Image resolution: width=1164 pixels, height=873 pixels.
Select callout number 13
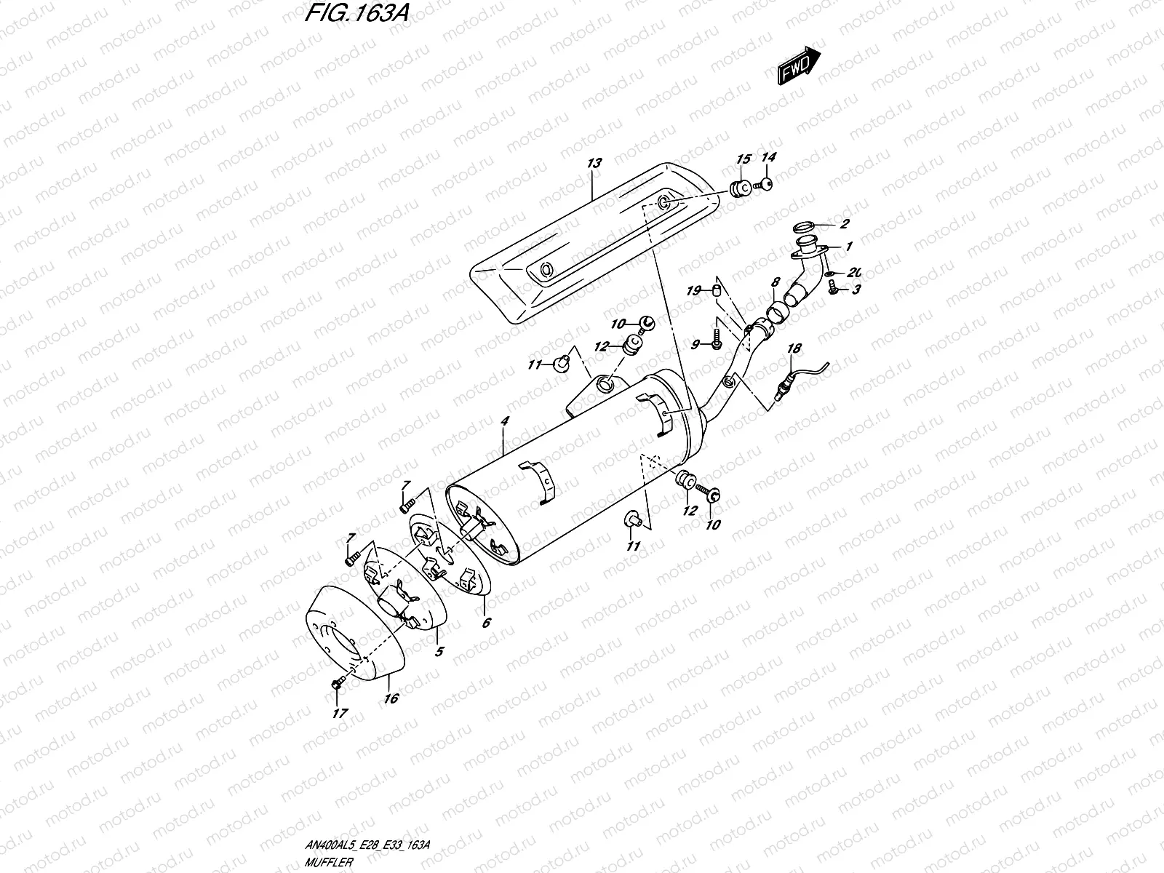(594, 163)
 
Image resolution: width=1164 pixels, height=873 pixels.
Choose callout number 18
(793, 348)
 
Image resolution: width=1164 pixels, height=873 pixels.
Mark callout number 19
(693, 291)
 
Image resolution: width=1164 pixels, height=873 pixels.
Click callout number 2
(845, 224)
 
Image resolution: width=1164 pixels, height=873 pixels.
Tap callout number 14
(769, 157)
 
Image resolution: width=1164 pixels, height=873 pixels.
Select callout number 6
(485, 622)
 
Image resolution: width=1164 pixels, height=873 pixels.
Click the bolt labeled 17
(337, 684)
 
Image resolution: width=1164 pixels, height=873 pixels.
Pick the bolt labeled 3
(834, 290)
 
